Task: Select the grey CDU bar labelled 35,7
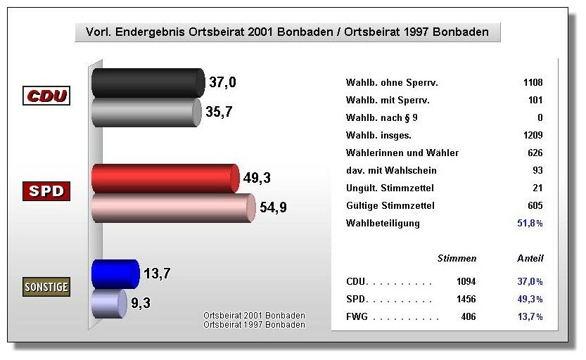pyautogui.click(x=145, y=112)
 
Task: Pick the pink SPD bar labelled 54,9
pyautogui.click(x=172, y=208)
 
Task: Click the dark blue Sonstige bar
pyautogui.click(x=115, y=274)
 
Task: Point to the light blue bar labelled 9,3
pyautogui.click(x=108, y=304)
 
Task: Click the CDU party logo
pyautogui.click(x=46, y=96)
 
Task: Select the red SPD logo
pyautogui.click(x=46, y=191)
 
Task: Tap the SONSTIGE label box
pyautogui.click(x=46, y=287)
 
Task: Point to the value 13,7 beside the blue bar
pyautogui.click(x=158, y=273)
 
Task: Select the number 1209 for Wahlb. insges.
pyautogui.click(x=533, y=135)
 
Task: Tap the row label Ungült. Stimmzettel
pyautogui.click(x=390, y=188)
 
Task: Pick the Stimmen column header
pyautogui.click(x=457, y=258)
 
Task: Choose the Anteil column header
pyautogui.click(x=530, y=258)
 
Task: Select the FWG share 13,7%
pyautogui.click(x=530, y=317)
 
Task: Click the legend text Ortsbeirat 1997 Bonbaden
pyautogui.click(x=254, y=325)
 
